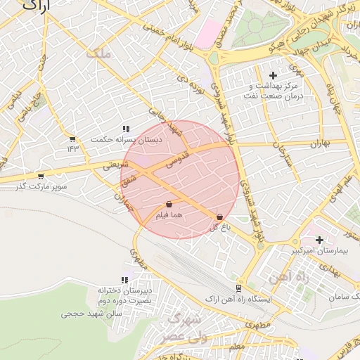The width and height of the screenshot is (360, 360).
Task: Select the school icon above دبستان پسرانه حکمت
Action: click(x=125, y=129)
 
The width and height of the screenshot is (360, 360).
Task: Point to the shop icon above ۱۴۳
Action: click(x=72, y=139)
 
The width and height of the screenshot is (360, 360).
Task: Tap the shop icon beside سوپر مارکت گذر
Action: click(x=40, y=176)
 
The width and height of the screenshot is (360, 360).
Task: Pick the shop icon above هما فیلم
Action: click(x=169, y=205)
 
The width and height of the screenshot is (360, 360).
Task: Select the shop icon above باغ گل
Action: click(x=220, y=217)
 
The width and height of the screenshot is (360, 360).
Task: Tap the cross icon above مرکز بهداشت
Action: click(x=274, y=75)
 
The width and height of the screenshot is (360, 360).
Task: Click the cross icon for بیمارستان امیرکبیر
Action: click(x=319, y=240)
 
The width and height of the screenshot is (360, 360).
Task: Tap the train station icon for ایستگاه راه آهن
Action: click(x=238, y=288)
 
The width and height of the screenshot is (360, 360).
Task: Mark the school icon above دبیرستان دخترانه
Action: click(x=125, y=280)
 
